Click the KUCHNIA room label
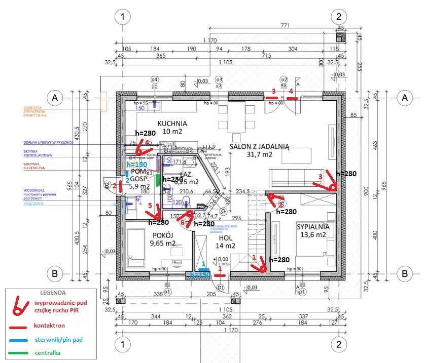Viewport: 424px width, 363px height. click(172, 123)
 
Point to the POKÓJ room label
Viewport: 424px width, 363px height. click(163, 235)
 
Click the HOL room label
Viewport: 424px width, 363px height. click(226, 238)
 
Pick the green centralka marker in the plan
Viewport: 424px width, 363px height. click(158, 179)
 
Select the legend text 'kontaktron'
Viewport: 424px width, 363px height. click(51, 326)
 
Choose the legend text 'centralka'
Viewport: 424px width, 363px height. click(49, 352)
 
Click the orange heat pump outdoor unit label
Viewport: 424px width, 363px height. click(35, 111)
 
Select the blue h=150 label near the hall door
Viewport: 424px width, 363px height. click(200, 274)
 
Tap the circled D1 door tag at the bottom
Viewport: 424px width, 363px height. click(221, 288)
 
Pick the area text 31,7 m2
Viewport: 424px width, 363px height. click(259, 154)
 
